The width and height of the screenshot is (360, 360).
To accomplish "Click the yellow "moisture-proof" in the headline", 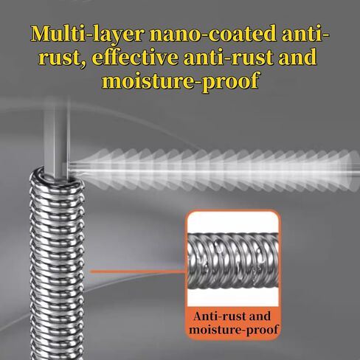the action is coord(180,81).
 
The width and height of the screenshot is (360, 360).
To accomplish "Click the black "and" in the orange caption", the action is coord(260,316).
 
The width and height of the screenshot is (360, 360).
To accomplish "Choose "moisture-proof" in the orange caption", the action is coord(234,330).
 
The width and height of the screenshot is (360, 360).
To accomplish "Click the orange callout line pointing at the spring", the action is coord(139,271).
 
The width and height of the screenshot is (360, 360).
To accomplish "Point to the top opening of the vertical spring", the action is coord(57,176).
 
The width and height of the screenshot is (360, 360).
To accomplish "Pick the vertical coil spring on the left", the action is coord(57,263).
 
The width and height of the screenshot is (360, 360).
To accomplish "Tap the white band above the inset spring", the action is coord(233,223).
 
